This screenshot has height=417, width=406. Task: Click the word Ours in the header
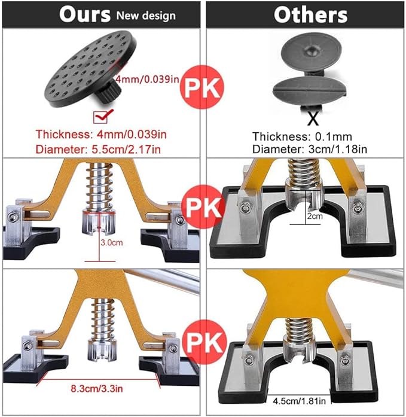point(85,14)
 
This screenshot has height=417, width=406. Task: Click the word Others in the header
point(310,15)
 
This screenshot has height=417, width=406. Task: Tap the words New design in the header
point(146,16)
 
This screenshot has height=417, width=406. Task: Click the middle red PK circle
point(203,207)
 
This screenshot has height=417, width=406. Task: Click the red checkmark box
point(101,117)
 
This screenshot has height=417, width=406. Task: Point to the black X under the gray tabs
point(313,119)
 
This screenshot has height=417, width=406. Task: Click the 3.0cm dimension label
point(112,242)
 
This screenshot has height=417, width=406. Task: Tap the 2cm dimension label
point(315,216)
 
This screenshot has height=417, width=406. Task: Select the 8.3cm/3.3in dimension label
point(97,388)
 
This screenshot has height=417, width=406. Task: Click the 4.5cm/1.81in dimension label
point(300,400)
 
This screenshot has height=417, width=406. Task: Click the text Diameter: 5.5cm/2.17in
point(98,149)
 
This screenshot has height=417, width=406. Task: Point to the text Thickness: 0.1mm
point(302,136)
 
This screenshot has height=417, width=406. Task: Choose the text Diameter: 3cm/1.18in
point(310,149)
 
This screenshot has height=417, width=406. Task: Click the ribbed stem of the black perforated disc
point(109,92)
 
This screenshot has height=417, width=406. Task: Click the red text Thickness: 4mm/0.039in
point(101,134)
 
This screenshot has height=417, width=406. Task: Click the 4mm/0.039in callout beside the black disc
point(148,79)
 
